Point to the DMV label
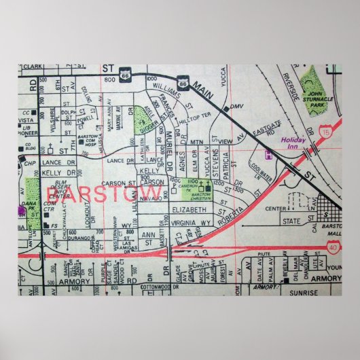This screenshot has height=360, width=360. tap(236, 107)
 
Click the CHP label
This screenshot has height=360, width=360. tap(30, 163)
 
